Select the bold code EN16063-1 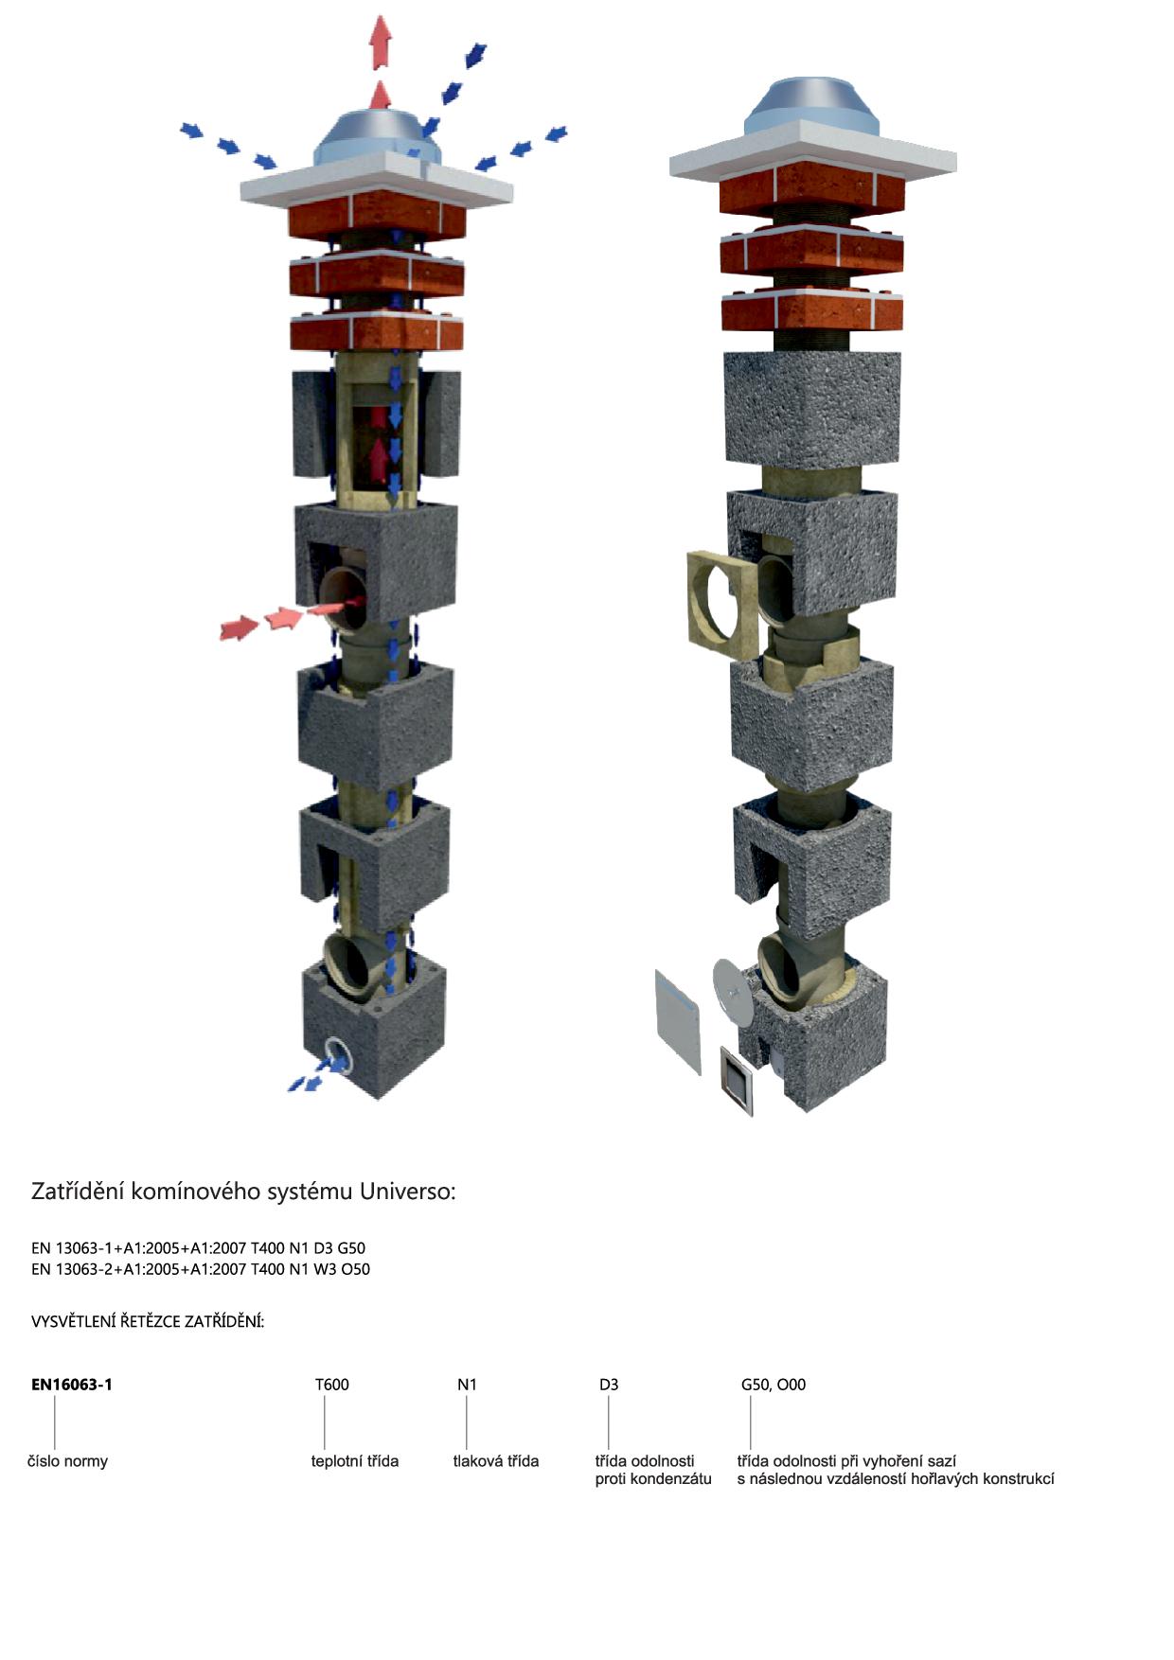tap(72, 1385)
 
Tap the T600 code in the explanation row tap(332, 1385)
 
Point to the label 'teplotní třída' tap(355, 1461)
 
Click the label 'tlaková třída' tap(496, 1461)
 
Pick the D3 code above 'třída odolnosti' tap(609, 1385)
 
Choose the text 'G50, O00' tap(774, 1385)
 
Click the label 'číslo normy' tap(67, 1461)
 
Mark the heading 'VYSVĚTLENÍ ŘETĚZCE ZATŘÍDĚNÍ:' tap(148, 1321)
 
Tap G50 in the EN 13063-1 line tap(351, 1248)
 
